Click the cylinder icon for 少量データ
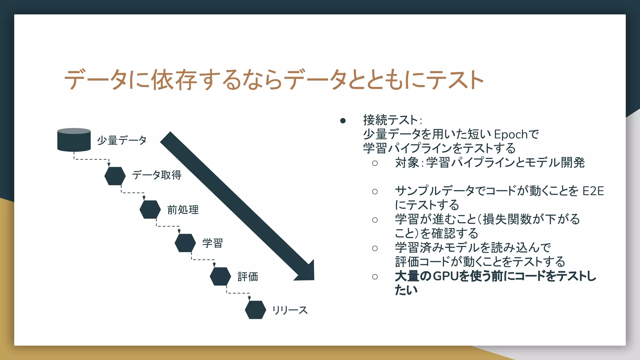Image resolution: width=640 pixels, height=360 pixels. click(x=74, y=140)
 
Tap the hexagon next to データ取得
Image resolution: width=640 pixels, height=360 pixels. click(x=115, y=176)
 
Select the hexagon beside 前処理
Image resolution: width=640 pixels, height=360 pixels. click(x=150, y=209)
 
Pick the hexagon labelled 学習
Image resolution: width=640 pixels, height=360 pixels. click(x=185, y=243)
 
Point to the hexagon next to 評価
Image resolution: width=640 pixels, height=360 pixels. click(x=220, y=276)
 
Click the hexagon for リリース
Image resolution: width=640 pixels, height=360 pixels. click(x=255, y=310)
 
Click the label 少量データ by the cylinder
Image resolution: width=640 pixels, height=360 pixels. click(x=122, y=140)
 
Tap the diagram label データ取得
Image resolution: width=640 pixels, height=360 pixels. click(x=157, y=175)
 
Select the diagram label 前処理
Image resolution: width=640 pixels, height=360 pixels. click(x=183, y=210)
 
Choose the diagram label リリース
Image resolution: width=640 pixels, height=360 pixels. click(x=290, y=310)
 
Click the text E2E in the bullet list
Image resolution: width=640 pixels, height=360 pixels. click(x=593, y=191)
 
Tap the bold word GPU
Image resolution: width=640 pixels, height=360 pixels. click(x=446, y=276)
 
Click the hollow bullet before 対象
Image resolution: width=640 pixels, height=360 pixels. click(x=375, y=163)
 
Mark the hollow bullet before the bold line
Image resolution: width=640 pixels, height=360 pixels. click(x=375, y=277)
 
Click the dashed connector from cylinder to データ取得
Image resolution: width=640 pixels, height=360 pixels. click(x=91, y=159)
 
